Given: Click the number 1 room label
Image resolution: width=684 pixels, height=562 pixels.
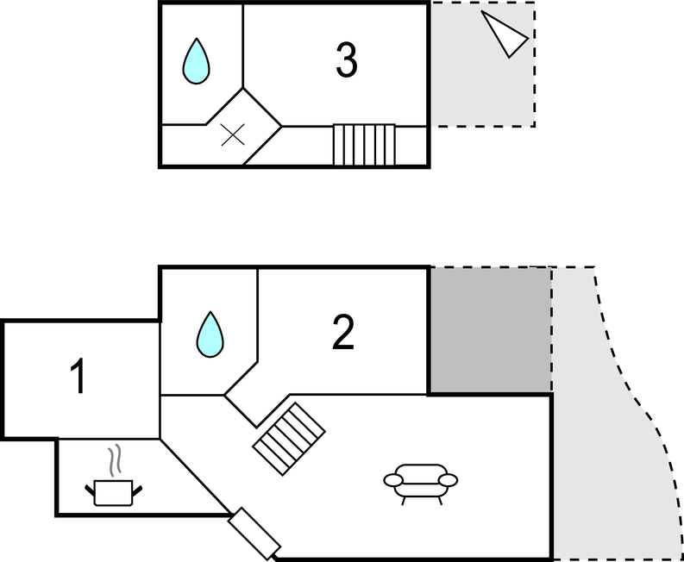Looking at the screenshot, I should coord(78,379).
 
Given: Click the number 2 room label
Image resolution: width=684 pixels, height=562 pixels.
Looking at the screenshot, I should coord(343,333).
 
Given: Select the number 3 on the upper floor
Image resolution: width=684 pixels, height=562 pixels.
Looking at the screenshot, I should coord(345,59).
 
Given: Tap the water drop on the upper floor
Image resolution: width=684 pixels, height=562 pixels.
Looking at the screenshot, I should coord(198,61).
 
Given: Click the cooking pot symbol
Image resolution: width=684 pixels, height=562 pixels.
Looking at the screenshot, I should coord(113,492).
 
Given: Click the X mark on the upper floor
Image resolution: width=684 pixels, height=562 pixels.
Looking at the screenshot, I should coord(232,134).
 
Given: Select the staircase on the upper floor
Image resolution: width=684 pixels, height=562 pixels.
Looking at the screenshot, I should coord(364,144).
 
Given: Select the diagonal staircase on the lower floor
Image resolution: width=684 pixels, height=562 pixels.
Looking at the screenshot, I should coord(289,438).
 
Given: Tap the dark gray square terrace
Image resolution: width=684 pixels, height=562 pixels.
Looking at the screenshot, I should coord(490,329).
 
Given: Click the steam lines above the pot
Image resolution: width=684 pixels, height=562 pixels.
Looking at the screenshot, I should coord(113,461).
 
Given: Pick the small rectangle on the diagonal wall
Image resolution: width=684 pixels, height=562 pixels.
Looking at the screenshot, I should coord(254,533).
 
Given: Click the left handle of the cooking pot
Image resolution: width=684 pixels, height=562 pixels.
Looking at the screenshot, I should coord(91,492).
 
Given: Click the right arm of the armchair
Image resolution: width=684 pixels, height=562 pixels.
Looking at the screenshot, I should coord(449,479).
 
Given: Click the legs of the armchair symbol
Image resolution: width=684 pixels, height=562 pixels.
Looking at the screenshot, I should coord(420,497).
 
